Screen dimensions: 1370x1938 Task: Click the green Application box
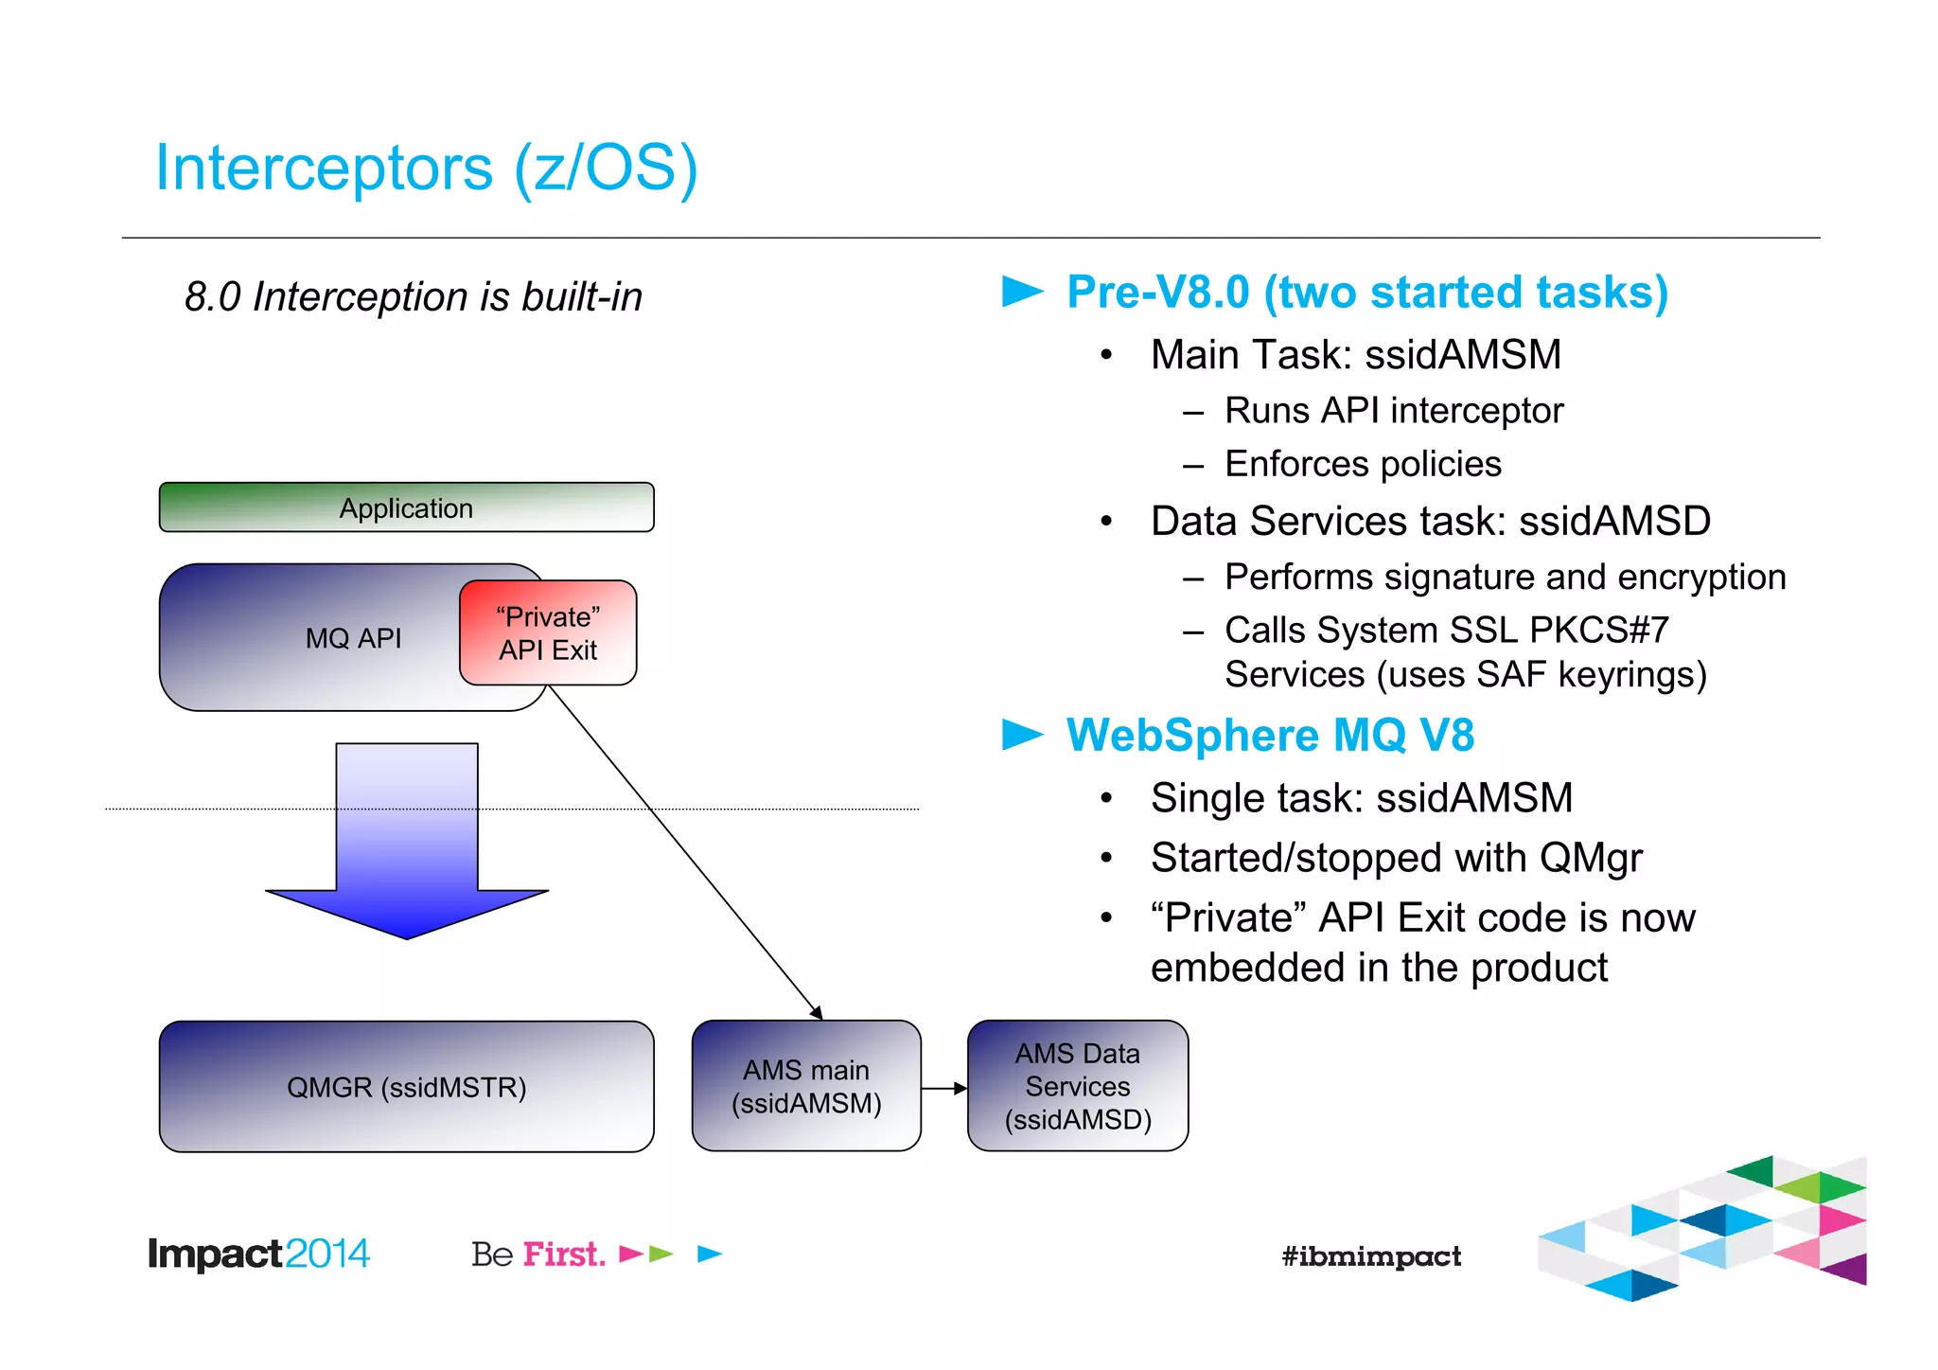[x=406, y=507]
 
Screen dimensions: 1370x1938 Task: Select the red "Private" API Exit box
[x=548, y=632]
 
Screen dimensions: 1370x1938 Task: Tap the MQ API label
[x=353, y=638]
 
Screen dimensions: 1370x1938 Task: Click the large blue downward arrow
[x=407, y=852]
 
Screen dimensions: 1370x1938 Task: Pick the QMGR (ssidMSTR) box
[x=406, y=1086]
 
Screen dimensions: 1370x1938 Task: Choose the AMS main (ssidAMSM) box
[x=806, y=1086]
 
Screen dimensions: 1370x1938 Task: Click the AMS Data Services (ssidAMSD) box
[x=1077, y=1086]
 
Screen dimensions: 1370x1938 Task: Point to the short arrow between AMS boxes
[x=943, y=1089]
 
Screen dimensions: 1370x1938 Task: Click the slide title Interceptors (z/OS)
[x=426, y=168]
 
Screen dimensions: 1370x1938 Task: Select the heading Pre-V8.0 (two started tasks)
[x=1366, y=292]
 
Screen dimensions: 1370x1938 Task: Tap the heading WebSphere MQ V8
[x=1269, y=735]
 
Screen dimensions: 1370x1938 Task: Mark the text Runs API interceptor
[x=1393, y=411]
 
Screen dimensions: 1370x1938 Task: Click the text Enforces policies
[x=1363, y=464]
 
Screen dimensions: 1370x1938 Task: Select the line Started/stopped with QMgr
[x=1396, y=858]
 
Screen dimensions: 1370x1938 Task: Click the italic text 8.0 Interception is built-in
[x=413, y=296]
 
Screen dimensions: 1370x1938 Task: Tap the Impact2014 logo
[x=257, y=1254]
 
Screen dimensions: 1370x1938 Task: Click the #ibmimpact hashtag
[x=1370, y=1256]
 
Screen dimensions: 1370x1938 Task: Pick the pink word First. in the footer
[x=564, y=1254]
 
